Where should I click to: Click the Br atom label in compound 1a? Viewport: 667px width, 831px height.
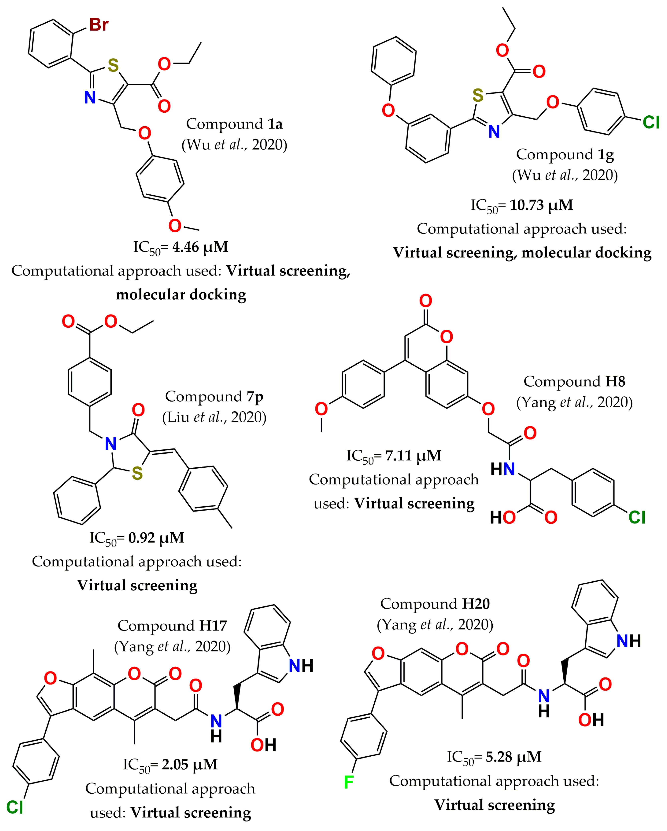pyautogui.click(x=99, y=25)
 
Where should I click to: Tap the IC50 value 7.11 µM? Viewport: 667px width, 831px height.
pyautogui.click(x=413, y=456)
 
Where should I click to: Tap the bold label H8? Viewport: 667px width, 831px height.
pyautogui.click(x=615, y=382)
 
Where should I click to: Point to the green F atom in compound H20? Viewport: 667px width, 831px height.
pyautogui.click(x=349, y=782)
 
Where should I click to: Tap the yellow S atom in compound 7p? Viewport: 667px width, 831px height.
pyautogui.click(x=137, y=474)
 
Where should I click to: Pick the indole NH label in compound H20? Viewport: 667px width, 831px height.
pyautogui.click(x=628, y=641)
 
